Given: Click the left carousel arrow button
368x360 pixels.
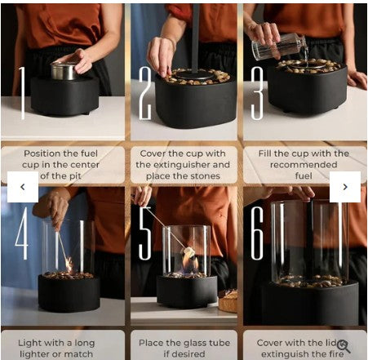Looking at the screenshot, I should (23, 187).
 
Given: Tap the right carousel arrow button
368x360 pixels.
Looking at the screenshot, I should (345, 187).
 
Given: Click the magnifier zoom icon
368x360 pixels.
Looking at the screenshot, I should (344, 346).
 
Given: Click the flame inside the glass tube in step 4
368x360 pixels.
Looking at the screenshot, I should (69, 264).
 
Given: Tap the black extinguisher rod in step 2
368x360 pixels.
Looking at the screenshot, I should (196, 37).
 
